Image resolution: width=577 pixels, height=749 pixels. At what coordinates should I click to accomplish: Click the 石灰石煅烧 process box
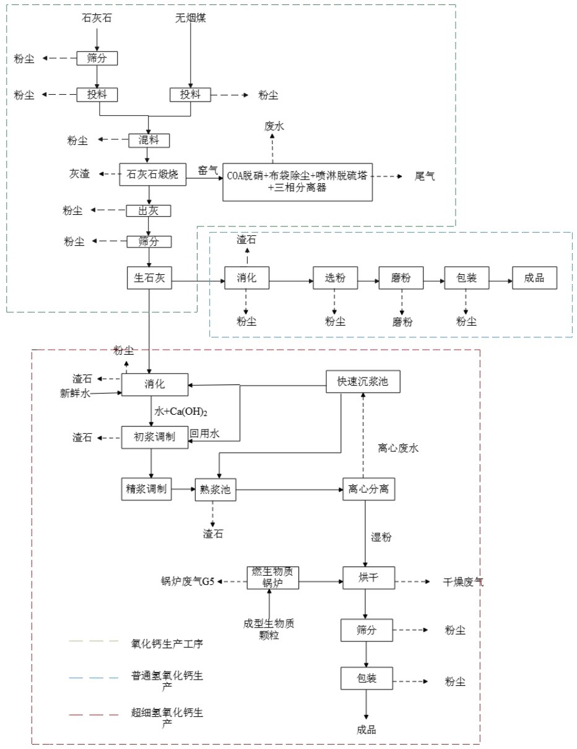pyautogui.click(x=152, y=175)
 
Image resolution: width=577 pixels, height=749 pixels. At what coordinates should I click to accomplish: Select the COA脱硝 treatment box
pyautogui.click(x=297, y=181)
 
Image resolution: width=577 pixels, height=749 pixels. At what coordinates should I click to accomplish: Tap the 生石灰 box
pyautogui.click(x=149, y=279)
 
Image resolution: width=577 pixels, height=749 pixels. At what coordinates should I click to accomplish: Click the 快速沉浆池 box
pyautogui.click(x=363, y=382)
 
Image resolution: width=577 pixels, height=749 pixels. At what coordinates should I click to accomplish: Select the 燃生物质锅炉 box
pyautogui.click(x=272, y=577)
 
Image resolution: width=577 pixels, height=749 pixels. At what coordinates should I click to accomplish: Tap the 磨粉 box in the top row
pyautogui.click(x=401, y=279)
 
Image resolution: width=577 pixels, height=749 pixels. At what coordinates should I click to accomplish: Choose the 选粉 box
pyautogui.click(x=336, y=279)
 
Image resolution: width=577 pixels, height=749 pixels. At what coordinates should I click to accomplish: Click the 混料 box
pyautogui.click(x=149, y=141)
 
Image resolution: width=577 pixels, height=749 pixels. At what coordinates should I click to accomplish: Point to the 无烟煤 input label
pyautogui.click(x=190, y=18)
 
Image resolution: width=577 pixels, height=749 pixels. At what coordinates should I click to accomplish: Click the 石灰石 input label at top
pyautogui.click(x=97, y=18)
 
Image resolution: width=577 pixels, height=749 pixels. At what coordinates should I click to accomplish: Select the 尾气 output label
pyautogui.click(x=425, y=176)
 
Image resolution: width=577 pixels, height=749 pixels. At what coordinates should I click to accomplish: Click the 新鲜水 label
pyautogui.click(x=75, y=393)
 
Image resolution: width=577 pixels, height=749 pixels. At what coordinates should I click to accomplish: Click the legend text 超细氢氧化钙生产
pyautogui.click(x=167, y=717)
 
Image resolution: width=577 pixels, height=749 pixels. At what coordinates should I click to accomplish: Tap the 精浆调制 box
pyautogui.click(x=146, y=489)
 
